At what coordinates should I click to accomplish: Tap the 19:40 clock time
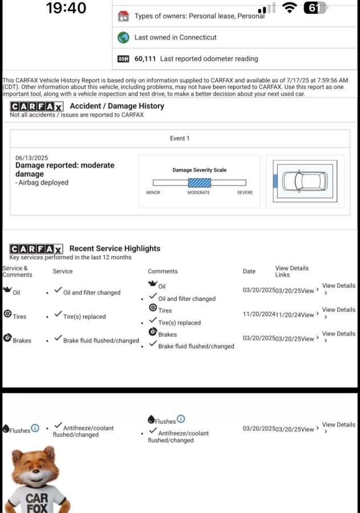[66, 8]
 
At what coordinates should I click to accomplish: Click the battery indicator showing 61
[315, 8]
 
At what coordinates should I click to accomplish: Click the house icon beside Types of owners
[123, 16]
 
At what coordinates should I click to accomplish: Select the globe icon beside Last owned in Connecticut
[123, 38]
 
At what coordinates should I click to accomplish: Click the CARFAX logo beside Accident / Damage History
[36, 107]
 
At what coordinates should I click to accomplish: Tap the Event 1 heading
[180, 139]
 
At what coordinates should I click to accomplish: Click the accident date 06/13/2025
[32, 157]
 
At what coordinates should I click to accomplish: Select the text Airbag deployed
[43, 183]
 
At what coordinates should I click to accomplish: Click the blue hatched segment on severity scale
[199, 183]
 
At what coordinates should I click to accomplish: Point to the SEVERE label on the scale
[245, 193]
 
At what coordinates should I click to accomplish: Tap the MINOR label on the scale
[153, 193]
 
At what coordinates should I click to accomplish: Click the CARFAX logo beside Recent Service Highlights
[36, 249]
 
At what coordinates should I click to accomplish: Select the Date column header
[249, 271]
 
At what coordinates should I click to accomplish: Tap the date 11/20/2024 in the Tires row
[259, 315]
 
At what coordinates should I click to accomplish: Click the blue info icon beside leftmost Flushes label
[35, 428]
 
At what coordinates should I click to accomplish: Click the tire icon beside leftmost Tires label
[7, 314]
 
